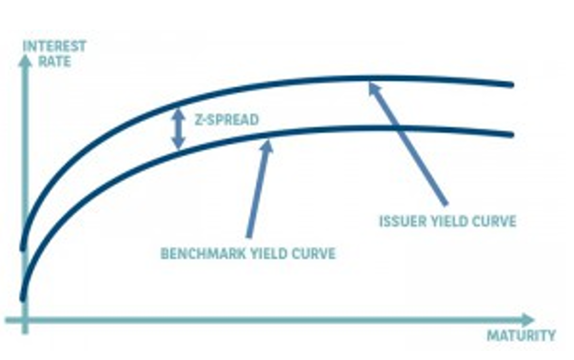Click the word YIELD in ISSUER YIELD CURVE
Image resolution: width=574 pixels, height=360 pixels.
pos(453,222)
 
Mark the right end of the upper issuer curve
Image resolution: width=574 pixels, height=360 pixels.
pos(512,84)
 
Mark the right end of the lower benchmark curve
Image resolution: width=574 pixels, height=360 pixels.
pos(512,135)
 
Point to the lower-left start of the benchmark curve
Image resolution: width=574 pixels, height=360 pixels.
pos(23,297)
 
